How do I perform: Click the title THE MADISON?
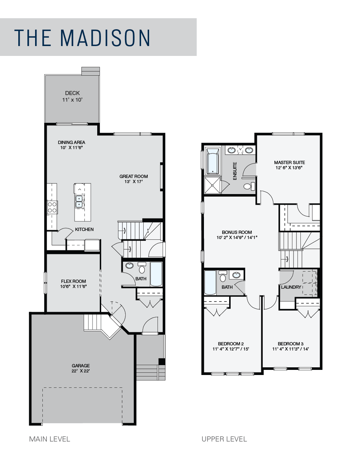tap(82, 38)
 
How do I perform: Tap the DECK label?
tap(72, 93)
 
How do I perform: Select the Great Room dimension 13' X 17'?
tap(133, 182)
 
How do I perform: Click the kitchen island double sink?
tap(79, 201)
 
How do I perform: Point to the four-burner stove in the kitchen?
tap(52, 207)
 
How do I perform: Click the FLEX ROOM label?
tap(73, 281)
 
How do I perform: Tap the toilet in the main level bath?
tap(142, 268)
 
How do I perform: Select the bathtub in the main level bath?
tap(156, 274)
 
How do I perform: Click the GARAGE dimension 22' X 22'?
tap(81, 371)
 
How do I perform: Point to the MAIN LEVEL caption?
tap(50, 439)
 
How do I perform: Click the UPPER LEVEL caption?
tap(224, 439)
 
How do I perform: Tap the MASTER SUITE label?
tap(289, 163)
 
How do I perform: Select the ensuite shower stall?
tap(212, 185)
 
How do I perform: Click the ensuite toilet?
tap(249, 186)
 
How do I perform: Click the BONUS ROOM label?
tap(237, 232)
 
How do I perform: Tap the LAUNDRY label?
tap(291, 287)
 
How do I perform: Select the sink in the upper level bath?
tap(236, 275)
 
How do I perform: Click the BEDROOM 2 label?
tap(231, 344)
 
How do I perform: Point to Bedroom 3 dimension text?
tap(291, 349)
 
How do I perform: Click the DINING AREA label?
tap(71, 143)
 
